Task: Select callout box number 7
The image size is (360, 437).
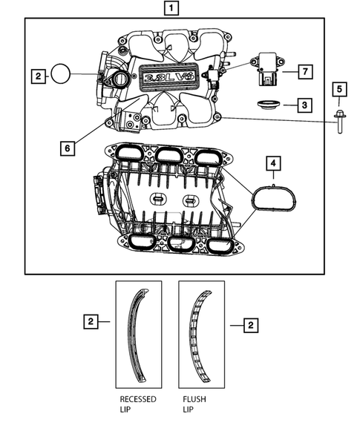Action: point(304,71)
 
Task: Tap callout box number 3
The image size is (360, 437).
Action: point(304,105)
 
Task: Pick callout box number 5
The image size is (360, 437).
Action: point(339,90)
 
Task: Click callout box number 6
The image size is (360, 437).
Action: point(67,148)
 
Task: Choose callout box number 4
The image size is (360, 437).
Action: point(273,161)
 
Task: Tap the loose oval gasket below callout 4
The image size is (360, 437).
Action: point(272,199)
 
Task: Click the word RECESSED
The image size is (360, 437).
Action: point(138,398)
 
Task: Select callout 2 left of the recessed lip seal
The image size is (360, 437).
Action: point(90,321)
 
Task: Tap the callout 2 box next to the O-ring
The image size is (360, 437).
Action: point(37,75)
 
